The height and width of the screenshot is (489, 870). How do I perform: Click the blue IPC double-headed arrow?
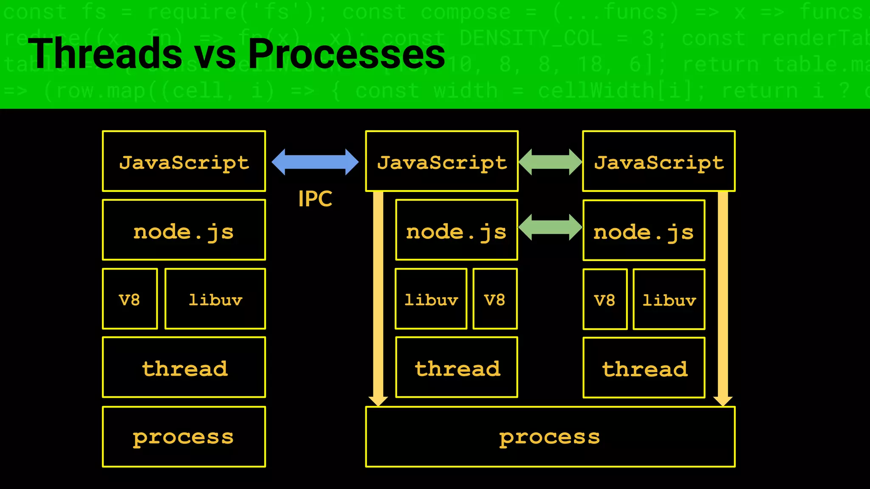tap(315, 162)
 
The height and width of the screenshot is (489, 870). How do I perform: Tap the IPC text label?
tap(315, 199)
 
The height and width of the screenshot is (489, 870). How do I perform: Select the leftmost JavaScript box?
tap(184, 161)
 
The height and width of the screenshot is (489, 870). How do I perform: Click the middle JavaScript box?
tap(442, 161)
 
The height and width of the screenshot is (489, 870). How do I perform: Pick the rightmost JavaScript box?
tap(659, 161)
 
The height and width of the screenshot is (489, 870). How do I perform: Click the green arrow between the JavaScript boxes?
tap(550, 162)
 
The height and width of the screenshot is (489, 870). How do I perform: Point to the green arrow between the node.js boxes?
tap(550, 227)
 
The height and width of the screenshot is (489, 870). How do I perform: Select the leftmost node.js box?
tap(184, 230)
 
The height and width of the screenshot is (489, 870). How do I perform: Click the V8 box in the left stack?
tap(130, 299)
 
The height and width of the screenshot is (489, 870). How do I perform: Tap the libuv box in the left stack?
tap(215, 299)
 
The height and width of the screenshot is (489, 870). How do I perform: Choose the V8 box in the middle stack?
tap(495, 299)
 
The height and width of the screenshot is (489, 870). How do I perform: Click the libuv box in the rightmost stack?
tap(669, 299)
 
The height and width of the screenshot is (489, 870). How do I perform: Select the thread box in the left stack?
tap(184, 368)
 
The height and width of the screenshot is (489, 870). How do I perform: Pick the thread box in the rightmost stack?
tap(644, 368)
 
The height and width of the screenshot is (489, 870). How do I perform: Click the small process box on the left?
tap(184, 437)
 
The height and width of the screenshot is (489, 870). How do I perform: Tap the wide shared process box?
tap(550, 437)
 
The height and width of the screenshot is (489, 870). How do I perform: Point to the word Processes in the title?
tap(346, 54)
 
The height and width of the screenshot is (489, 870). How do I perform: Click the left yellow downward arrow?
tap(378, 297)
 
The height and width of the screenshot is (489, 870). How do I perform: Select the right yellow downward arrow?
tap(723, 297)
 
